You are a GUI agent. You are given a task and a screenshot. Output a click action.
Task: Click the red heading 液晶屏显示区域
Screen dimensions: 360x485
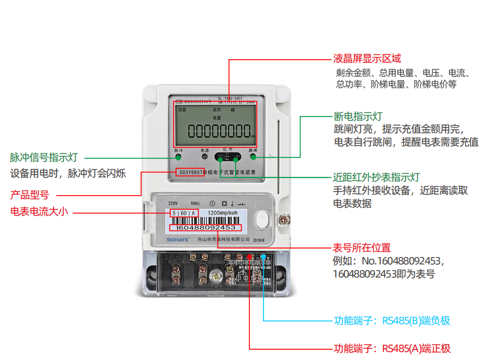click(367, 59)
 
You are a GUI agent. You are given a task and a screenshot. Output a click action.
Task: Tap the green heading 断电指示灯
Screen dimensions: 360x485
click(358, 116)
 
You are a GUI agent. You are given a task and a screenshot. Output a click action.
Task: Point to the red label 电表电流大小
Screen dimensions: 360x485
click(39, 212)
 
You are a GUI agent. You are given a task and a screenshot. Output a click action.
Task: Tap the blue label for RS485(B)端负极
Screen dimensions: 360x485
click(392, 321)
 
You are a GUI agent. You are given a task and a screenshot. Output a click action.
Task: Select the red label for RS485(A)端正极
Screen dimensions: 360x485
click(392, 348)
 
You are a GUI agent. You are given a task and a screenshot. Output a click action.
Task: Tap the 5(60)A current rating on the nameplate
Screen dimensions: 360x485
click(184, 213)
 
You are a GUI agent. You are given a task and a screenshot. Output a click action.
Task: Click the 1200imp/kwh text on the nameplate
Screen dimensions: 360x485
click(223, 213)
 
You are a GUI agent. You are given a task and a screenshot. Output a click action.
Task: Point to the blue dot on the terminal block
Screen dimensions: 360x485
click(264, 256)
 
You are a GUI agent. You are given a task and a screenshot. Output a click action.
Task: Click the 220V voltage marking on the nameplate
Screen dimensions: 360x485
click(173, 203)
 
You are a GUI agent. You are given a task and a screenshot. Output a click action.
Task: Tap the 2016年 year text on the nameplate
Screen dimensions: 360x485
click(259, 241)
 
